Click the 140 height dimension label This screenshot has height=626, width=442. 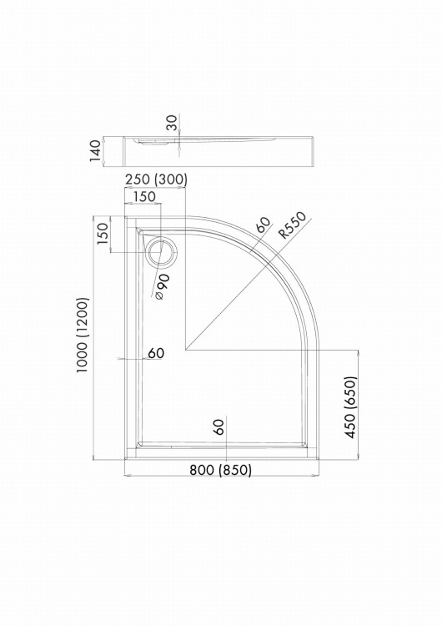point(95,150)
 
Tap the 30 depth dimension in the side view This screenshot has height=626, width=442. point(172,123)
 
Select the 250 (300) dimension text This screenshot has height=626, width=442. point(156,180)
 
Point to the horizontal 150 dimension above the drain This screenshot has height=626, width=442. point(144,196)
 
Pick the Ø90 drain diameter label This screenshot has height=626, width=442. point(162,287)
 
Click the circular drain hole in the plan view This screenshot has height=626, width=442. point(161,252)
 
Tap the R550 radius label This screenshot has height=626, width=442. point(293,225)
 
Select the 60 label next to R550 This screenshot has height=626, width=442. point(264,225)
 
